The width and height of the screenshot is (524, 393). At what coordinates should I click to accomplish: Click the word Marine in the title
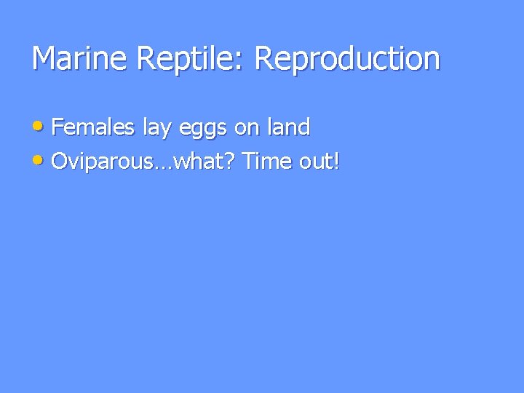(x=77, y=59)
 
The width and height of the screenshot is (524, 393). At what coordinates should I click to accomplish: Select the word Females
(x=94, y=128)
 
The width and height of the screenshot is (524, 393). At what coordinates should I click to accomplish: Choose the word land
(x=289, y=128)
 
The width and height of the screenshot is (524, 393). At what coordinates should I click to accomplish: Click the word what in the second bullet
(x=199, y=162)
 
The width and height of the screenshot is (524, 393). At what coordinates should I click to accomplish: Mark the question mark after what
(x=231, y=162)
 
